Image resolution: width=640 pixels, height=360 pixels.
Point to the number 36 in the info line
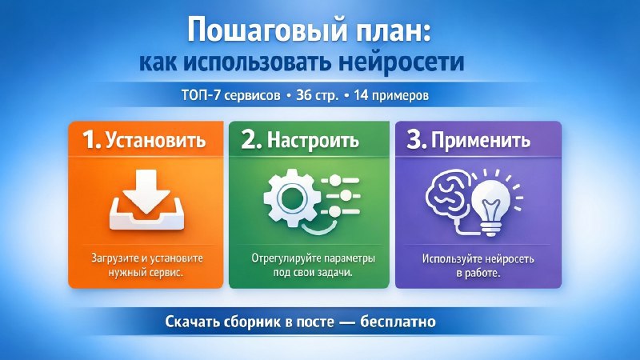(303, 95)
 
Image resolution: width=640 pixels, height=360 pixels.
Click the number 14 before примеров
(361, 95)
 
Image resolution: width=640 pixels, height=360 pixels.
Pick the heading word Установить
(156, 140)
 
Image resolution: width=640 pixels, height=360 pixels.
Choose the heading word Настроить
(313, 140)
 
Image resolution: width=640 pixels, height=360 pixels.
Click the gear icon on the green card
(290, 198)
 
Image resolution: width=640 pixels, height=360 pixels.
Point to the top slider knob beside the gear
(334, 180)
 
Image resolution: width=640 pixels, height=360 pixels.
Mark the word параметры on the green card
(349, 258)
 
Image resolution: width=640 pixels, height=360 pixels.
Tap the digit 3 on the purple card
(416, 139)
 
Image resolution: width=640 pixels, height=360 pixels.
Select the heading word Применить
(481, 140)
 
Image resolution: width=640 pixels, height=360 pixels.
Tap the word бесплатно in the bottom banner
(398, 322)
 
